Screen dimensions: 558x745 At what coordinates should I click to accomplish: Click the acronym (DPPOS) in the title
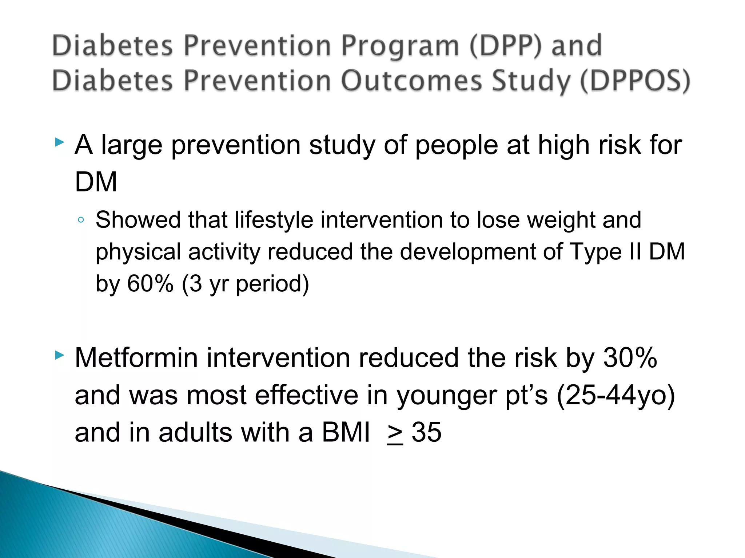(635, 81)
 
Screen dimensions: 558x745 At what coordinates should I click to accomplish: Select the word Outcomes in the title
(411, 81)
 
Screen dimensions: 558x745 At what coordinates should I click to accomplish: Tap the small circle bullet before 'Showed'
(81, 220)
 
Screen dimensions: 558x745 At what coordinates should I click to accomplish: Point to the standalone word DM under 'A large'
(96, 182)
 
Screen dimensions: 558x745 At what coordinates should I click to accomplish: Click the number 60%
(150, 283)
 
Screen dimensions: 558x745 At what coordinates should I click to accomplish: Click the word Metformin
(136, 358)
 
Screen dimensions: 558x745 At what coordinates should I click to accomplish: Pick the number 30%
(630, 358)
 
